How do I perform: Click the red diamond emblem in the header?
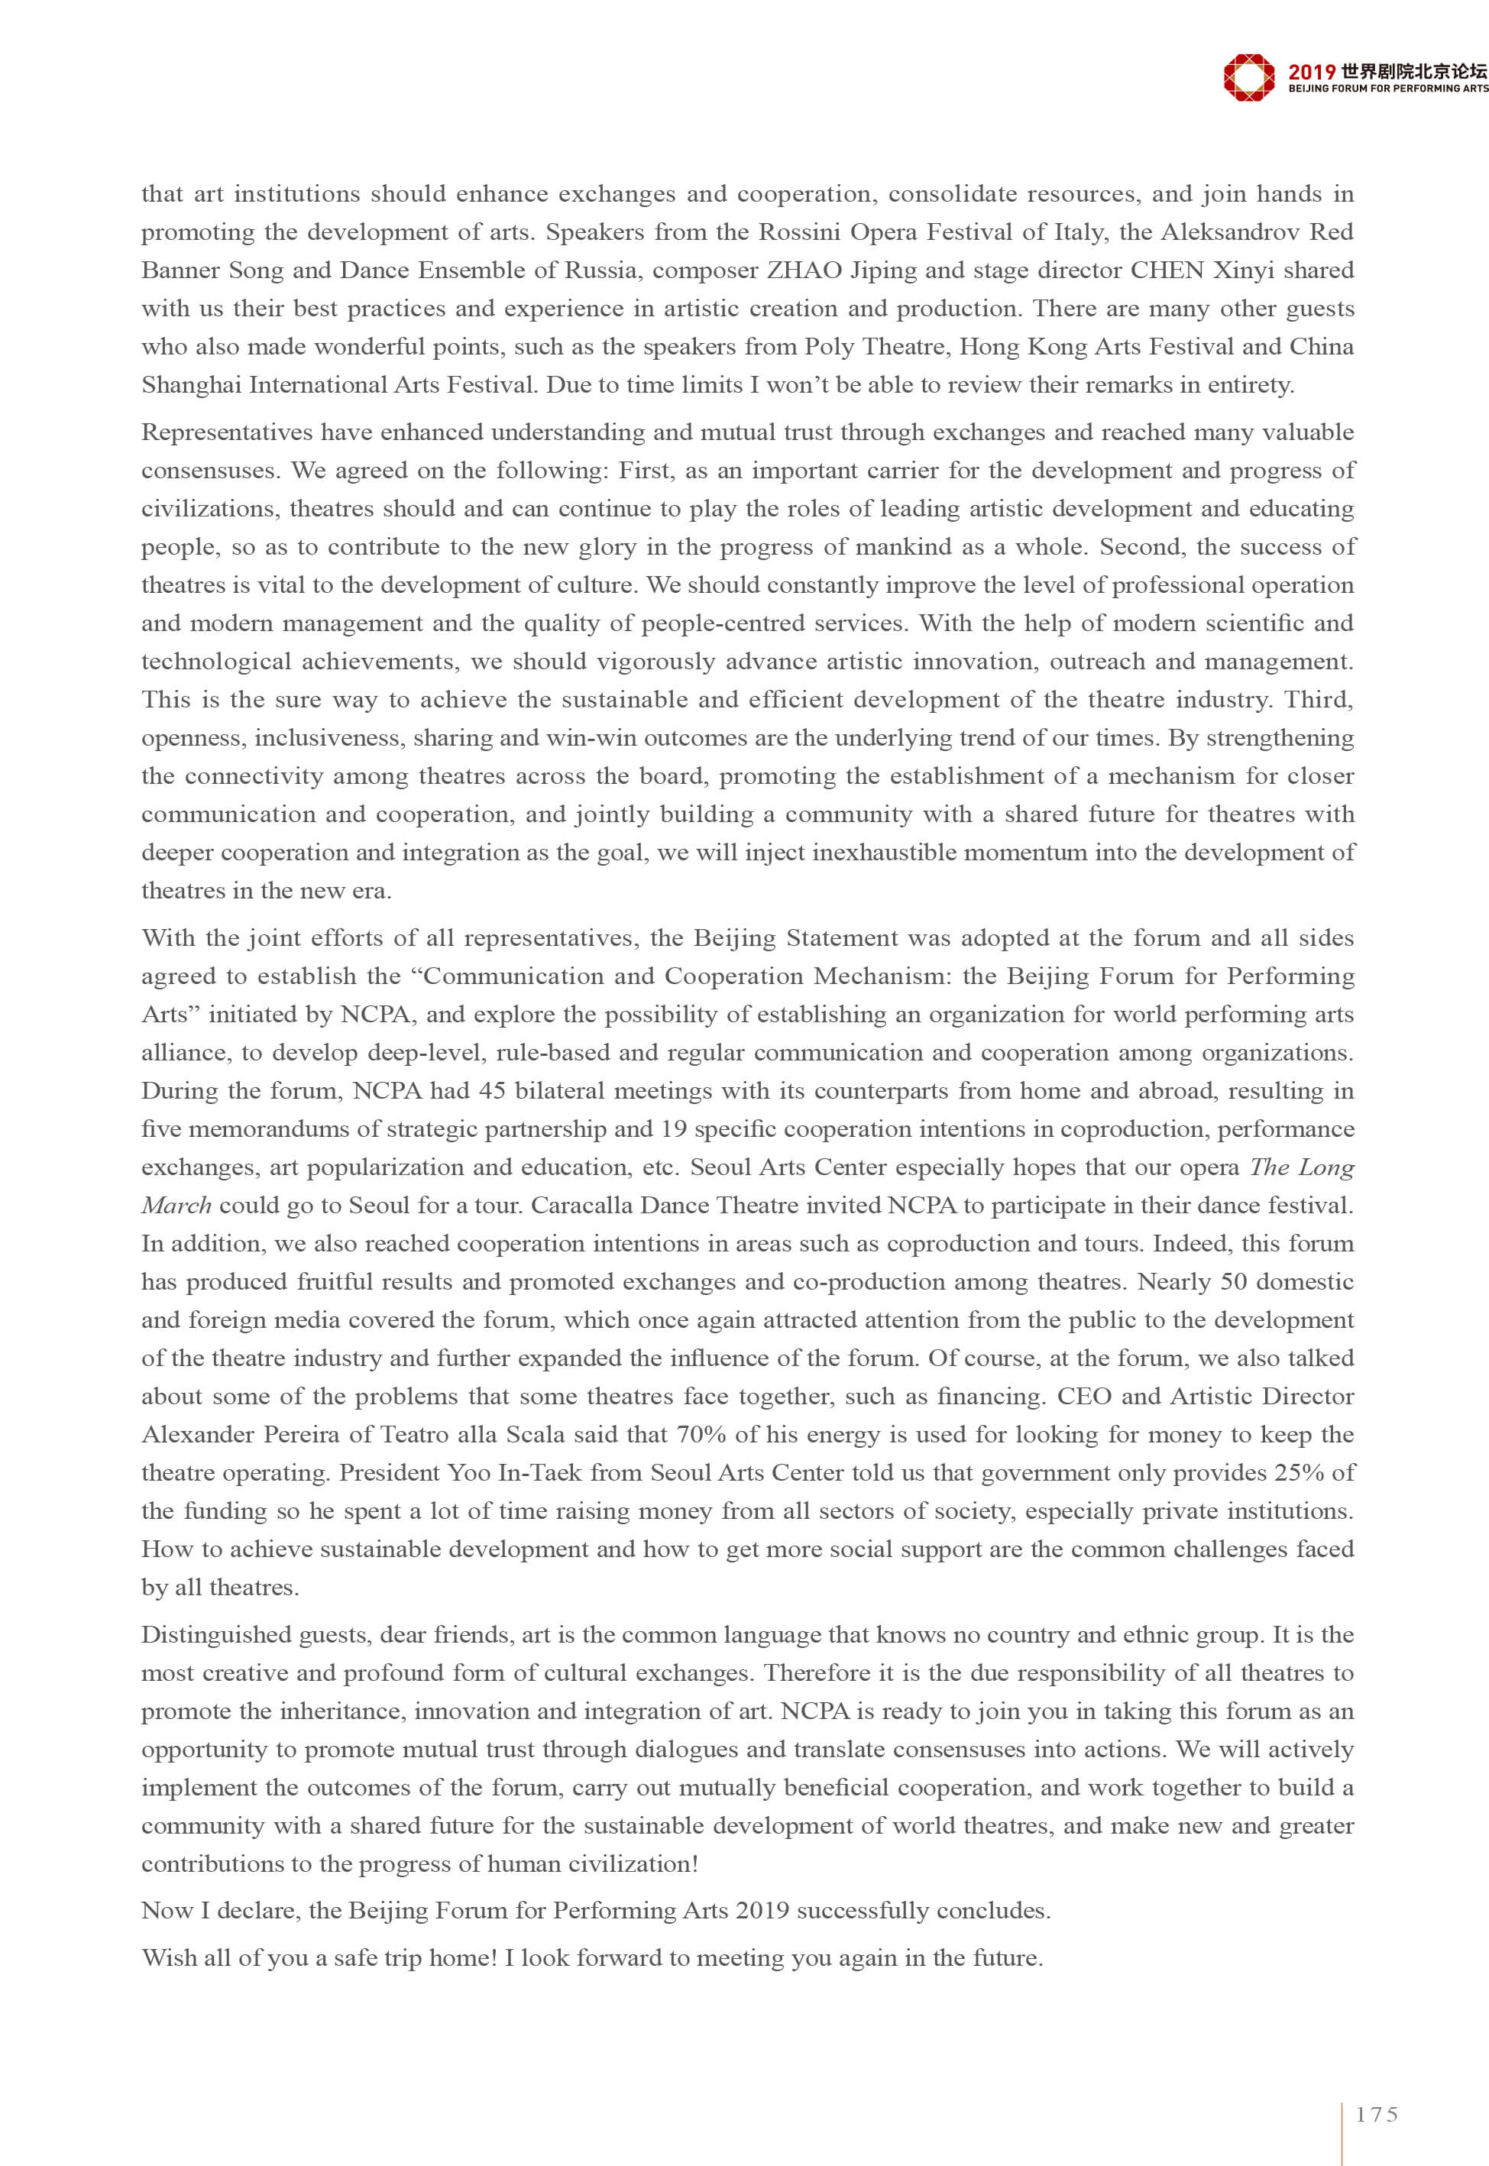tap(1248, 76)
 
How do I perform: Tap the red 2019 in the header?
tap(1311, 72)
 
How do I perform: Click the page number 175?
tap(1377, 2115)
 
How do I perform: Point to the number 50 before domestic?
tap(1233, 1282)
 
